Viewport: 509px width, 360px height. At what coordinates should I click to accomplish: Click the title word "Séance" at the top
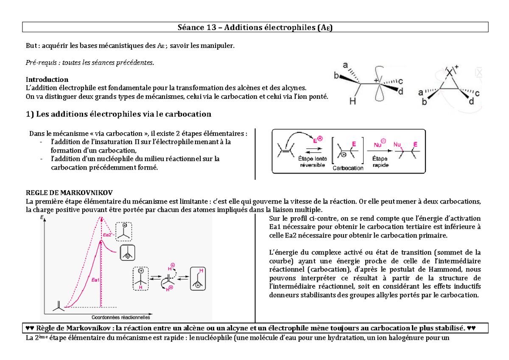(x=190, y=28)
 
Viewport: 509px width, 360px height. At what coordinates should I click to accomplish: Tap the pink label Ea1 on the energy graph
(x=95, y=279)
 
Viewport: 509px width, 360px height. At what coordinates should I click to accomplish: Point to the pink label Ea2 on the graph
(x=107, y=235)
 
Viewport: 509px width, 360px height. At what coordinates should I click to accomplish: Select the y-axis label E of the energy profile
(x=42, y=217)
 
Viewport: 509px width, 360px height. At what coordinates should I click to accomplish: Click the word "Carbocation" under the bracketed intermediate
(x=348, y=168)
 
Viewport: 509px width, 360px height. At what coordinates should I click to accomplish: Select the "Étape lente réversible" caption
(x=313, y=162)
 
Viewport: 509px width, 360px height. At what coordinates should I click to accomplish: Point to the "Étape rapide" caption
(x=380, y=162)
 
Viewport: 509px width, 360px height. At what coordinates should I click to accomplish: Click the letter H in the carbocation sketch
(x=352, y=101)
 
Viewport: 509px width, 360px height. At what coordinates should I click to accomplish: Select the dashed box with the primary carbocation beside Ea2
(x=124, y=232)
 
